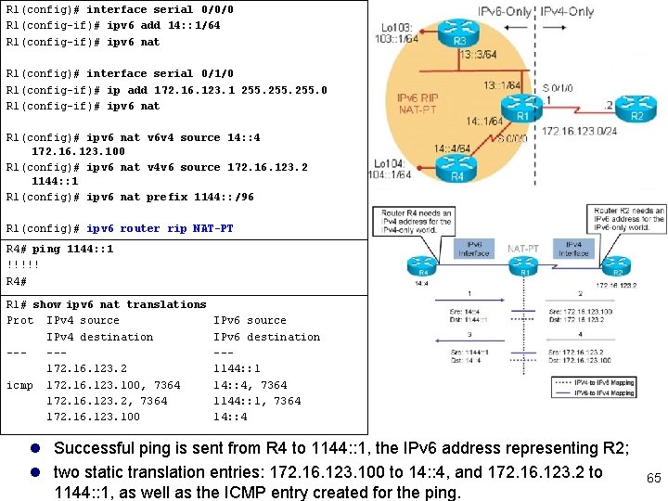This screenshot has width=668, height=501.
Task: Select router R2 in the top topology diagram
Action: click(637, 103)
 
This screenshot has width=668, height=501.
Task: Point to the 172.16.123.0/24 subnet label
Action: click(580, 132)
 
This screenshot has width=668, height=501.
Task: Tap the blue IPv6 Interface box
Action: click(473, 248)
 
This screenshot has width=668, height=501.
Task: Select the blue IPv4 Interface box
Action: click(572, 248)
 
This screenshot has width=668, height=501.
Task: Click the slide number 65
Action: click(653, 478)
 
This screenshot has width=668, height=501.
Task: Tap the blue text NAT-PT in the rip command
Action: click(212, 228)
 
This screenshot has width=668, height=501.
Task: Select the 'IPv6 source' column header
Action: click(250, 320)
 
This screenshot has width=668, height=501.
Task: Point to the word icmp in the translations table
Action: click(19, 384)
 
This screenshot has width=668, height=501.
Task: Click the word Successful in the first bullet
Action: click(97, 449)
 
